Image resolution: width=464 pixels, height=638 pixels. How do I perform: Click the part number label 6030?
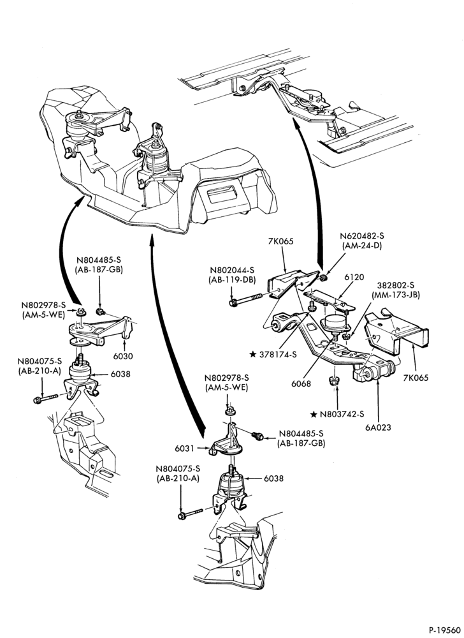(x=123, y=356)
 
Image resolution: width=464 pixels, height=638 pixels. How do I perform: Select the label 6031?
(x=184, y=448)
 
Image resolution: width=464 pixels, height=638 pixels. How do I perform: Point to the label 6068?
(x=301, y=383)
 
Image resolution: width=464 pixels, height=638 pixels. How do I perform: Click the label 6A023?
(x=378, y=427)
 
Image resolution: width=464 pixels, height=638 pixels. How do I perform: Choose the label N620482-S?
(x=363, y=235)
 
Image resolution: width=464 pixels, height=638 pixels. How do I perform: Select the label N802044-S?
(x=233, y=270)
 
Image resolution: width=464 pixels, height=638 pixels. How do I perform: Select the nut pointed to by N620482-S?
(x=323, y=278)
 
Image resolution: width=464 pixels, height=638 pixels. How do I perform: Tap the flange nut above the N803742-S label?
(x=334, y=381)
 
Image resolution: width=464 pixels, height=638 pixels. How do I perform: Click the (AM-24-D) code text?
(x=363, y=246)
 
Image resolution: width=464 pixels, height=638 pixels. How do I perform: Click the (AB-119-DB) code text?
(x=233, y=280)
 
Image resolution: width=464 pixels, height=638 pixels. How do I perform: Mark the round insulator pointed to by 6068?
(x=335, y=323)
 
